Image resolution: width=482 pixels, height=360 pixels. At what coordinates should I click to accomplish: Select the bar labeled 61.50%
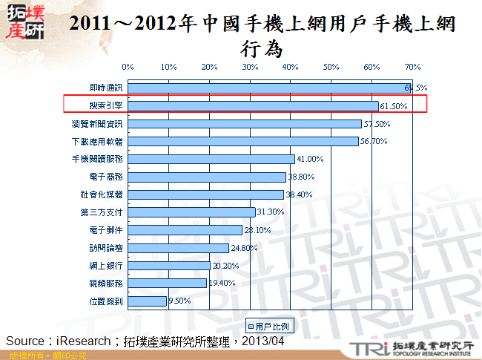[x=253, y=105]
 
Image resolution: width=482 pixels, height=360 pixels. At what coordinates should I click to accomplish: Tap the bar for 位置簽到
[x=147, y=301]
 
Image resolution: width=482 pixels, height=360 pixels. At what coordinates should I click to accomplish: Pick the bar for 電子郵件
[x=185, y=230]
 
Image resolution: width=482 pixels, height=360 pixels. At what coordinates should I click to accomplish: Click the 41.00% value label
[x=310, y=159]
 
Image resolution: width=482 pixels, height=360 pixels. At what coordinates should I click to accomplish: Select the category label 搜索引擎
[x=107, y=105]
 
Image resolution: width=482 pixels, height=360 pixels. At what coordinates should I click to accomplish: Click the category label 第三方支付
[x=102, y=212]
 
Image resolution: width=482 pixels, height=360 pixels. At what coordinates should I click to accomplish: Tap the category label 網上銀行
[x=107, y=265]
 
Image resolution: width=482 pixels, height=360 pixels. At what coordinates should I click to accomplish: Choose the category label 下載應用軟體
[x=98, y=141]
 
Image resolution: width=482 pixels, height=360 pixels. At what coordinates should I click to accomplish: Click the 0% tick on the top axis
[x=128, y=66]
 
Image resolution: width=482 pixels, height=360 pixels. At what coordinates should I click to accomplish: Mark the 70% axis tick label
[x=413, y=66]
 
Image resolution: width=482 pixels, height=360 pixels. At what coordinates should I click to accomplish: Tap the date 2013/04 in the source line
[x=265, y=341]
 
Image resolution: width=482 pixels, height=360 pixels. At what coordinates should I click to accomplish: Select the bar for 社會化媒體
[x=205, y=194]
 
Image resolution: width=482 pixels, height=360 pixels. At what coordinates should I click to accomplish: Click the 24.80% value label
[x=244, y=248]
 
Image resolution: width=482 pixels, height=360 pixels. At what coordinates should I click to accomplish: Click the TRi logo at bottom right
[x=366, y=347]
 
